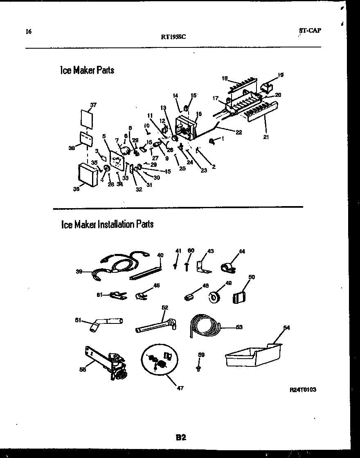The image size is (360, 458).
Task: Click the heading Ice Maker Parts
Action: point(87,70)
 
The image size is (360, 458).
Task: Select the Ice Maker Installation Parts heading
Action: point(107,224)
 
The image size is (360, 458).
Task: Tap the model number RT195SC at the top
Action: point(174,36)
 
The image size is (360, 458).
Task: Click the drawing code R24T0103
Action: point(302,390)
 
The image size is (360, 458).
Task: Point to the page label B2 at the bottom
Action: point(181,438)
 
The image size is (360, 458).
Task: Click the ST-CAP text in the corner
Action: point(310,30)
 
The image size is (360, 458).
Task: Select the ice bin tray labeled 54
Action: point(253,355)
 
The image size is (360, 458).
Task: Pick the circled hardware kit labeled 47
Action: point(160,360)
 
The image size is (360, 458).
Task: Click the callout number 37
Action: point(93,105)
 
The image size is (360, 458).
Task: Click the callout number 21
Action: point(265,137)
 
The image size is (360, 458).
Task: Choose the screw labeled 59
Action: point(199,368)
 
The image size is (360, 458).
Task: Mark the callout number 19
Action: point(281,75)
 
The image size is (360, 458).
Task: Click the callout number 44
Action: point(242,251)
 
